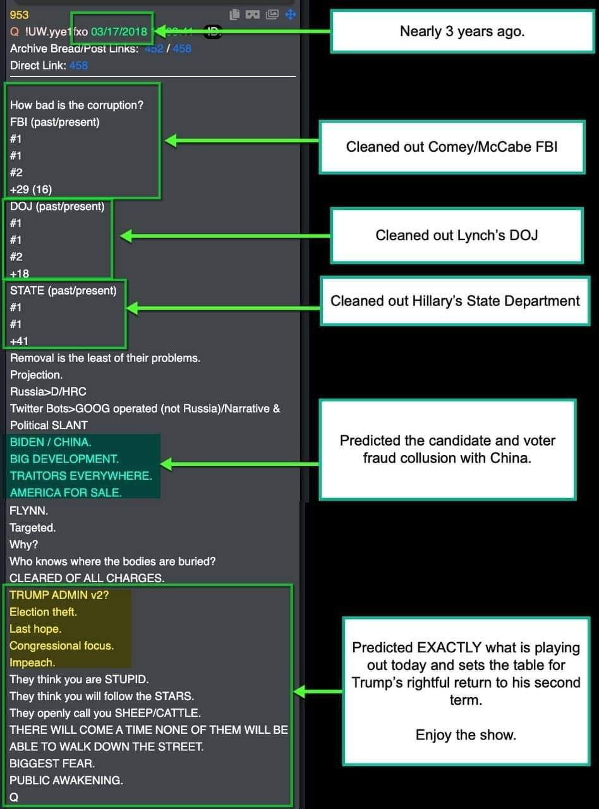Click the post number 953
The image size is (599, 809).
click(x=20, y=15)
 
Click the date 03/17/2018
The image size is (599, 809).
click(x=119, y=32)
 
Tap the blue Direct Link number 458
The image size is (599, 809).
click(x=78, y=65)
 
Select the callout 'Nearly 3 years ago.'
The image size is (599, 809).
click(x=462, y=32)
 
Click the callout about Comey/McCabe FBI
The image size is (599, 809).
click(x=451, y=147)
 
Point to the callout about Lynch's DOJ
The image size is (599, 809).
click(x=456, y=236)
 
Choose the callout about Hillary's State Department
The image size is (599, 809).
click(x=455, y=301)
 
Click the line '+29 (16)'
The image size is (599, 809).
click(x=31, y=189)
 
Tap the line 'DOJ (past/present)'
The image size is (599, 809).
click(x=57, y=206)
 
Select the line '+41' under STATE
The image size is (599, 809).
click(x=20, y=341)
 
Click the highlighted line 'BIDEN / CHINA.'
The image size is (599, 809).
click(x=51, y=442)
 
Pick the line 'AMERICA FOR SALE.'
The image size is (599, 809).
click(x=66, y=492)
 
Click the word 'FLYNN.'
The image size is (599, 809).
click(x=29, y=511)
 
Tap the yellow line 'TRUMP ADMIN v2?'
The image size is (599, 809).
click(x=59, y=595)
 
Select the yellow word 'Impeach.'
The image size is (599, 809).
click(x=32, y=662)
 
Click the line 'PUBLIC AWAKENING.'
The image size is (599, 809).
click(x=66, y=780)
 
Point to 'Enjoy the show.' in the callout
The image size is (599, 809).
click(x=466, y=735)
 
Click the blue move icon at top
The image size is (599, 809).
click(x=291, y=15)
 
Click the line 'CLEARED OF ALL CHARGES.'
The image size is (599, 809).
click(x=87, y=578)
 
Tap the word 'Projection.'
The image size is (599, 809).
click(x=37, y=375)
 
